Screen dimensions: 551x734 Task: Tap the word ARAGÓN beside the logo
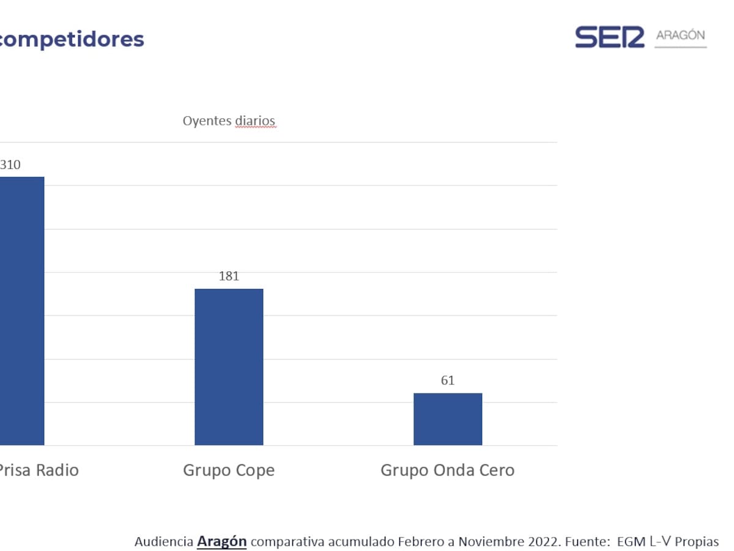pyautogui.click(x=680, y=36)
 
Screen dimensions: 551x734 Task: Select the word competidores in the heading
pyautogui.click(x=72, y=39)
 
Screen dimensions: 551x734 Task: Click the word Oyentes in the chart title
pyautogui.click(x=207, y=121)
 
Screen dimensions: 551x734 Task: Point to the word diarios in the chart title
pyautogui.click(x=255, y=121)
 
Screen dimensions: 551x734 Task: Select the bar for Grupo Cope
pyautogui.click(x=229, y=367)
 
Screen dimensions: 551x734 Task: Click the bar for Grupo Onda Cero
pyautogui.click(x=448, y=419)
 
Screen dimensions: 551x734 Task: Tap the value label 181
pyautogui.click(x=229, y=276)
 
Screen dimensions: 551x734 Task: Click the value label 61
pyautogui.click(x=448, y=381)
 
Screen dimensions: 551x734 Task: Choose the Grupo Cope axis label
pyautogui.click(x=229, y=470)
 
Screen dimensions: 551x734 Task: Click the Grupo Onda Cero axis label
pyautogui.click(x=448, y=470)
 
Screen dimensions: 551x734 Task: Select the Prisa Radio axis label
pyautogui.click(x=39, y=470)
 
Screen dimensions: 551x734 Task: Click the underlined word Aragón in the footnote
pyautogui.click(x=221, y=541)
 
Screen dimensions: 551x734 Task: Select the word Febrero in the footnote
pyautogui.click(x=419, y=541)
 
